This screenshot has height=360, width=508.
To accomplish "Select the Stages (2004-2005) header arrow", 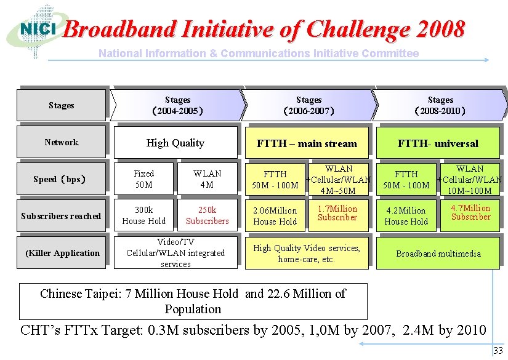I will point(177,105).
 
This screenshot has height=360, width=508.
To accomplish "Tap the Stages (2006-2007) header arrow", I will point(308,105).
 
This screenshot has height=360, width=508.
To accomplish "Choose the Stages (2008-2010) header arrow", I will point(440,105).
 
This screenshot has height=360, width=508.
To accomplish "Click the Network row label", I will point(62,142).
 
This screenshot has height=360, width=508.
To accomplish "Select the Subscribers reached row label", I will point(62,216).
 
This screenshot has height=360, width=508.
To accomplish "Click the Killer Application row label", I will point(62,253).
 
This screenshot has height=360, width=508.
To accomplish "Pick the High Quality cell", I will point(175,143).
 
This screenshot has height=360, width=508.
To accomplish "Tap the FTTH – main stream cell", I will point(307,143).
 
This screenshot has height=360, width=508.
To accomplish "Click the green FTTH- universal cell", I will point(438,143).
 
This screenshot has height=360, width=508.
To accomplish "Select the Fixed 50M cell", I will point(144,179).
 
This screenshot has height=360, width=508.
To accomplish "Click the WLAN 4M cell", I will point(207,179).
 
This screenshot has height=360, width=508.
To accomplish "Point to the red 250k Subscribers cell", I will point(207,216).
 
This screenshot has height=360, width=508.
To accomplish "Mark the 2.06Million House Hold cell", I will point(275,216).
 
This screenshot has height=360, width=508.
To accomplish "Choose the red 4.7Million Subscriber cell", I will point(470,213).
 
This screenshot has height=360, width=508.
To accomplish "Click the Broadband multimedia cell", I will point(438,254).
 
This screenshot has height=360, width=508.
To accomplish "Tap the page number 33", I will point(498,351).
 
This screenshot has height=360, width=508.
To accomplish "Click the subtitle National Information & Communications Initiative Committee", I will point(259,54).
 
